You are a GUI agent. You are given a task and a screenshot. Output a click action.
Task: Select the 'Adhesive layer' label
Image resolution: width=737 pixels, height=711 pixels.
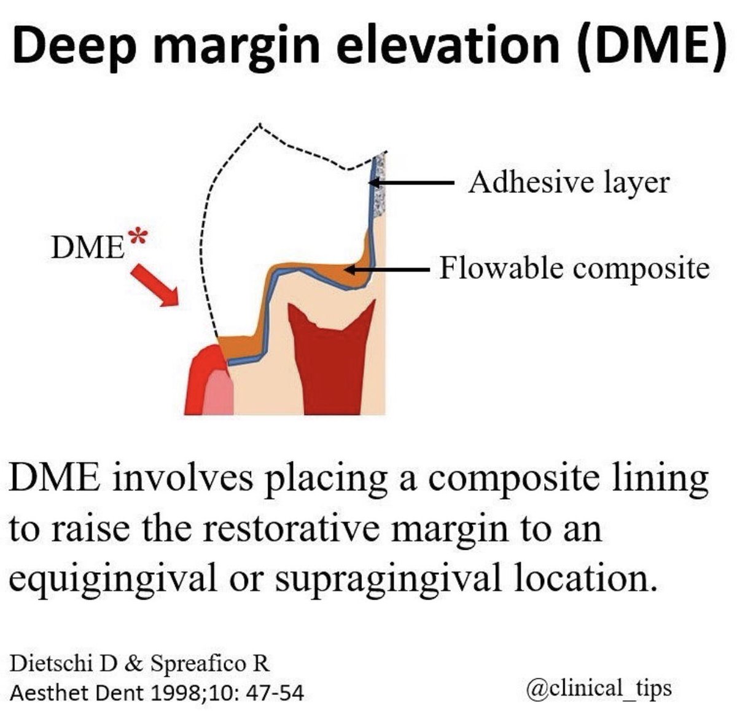569,182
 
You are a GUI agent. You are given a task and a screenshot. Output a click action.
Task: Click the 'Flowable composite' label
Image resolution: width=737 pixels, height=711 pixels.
574,268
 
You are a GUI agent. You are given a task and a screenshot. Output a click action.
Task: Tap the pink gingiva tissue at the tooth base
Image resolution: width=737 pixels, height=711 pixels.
218,394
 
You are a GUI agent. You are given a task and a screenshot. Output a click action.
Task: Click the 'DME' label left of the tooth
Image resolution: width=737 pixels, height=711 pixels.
88,247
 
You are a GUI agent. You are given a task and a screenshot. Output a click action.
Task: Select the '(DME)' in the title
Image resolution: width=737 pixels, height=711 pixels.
650,44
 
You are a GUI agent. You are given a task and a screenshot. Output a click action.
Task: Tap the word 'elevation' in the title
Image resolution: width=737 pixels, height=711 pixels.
450,44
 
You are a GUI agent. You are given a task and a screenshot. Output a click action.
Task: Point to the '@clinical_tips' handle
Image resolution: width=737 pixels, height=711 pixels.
599,688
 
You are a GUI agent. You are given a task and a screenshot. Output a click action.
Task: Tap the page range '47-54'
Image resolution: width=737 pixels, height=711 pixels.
275,693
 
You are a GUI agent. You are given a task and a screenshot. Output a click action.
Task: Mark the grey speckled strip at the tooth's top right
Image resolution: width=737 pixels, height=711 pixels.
381,184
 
